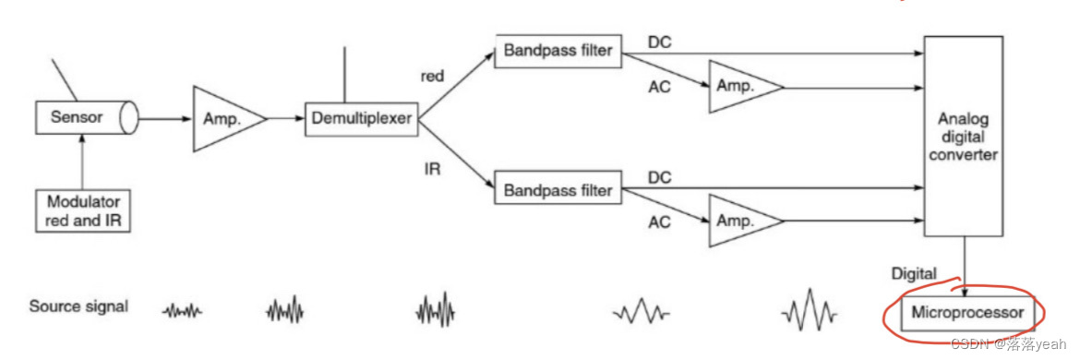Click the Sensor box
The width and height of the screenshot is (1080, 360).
[86, 118]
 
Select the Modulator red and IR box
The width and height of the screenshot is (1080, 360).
[83, 211]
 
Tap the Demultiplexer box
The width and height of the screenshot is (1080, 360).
[362, 118]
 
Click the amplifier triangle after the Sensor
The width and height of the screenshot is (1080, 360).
[229, 118]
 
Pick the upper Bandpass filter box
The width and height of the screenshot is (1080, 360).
[558, 50]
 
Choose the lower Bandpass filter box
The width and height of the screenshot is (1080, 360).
[558, 189]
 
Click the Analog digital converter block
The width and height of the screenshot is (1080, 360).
[963, 137]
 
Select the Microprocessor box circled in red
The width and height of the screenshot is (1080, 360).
[967, 313]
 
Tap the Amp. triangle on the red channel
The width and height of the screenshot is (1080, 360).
[746, 88]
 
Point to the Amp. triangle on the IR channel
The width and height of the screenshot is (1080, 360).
[746, 221]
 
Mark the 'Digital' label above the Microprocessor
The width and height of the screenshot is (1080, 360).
[913, 274]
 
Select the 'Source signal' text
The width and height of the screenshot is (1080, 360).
[78, 306]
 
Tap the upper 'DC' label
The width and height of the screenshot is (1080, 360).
[659, 42]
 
